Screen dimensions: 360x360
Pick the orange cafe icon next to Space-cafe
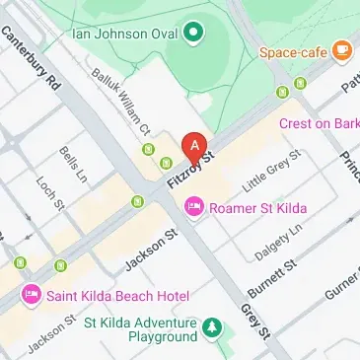click(x=342, y=48)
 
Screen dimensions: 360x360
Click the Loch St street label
click(x=49, y=192)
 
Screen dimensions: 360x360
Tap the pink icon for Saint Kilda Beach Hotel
click(x=32, y=294)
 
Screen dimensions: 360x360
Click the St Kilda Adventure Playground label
click(x=141, y=329)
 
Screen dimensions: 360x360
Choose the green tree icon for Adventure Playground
click(x=211, y=326)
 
